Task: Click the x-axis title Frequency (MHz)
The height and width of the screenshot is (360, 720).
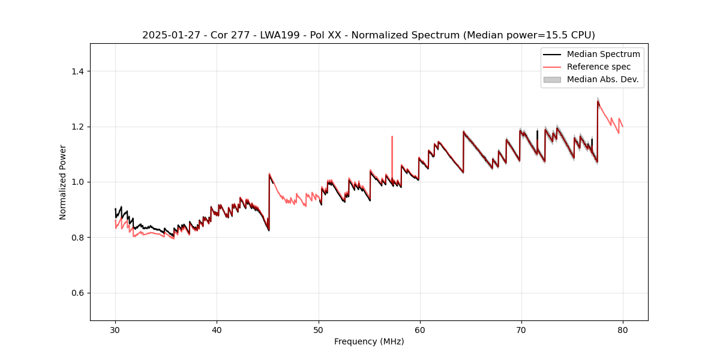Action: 369,341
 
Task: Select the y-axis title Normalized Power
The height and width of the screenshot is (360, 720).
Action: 62,182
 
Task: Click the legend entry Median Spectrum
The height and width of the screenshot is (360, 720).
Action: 603,54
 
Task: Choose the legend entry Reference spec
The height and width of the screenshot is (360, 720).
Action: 598,67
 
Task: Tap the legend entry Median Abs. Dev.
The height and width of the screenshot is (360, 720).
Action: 602,79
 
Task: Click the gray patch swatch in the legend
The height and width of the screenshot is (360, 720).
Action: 551,79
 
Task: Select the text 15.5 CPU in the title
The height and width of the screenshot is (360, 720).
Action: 569,35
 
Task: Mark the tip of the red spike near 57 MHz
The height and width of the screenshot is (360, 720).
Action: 392,136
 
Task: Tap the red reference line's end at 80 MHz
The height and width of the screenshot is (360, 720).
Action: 623,127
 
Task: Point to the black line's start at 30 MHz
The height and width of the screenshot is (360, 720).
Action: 115,209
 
